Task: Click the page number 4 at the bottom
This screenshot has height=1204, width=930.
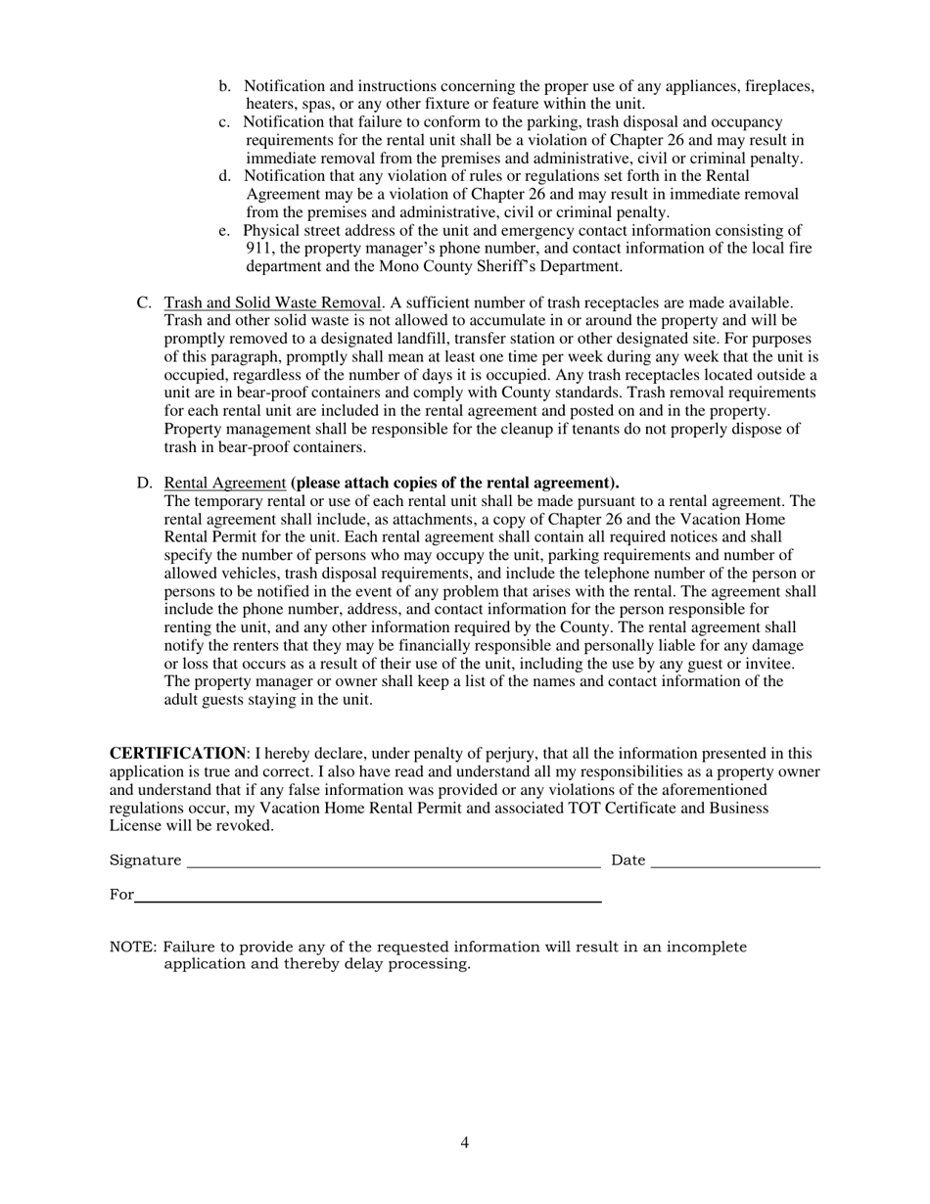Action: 464,1142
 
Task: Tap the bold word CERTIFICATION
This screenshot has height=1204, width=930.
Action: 177,753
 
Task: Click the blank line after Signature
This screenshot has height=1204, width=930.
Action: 393,861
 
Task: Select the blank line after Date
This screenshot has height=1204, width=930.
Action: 734,861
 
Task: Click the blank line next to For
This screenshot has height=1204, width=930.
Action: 367,896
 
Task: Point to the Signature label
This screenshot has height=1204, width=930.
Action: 145,860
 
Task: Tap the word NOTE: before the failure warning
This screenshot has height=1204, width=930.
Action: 133,947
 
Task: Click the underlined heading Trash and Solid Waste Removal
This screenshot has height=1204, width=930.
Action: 272,302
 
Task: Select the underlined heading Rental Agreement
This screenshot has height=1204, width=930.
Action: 225,483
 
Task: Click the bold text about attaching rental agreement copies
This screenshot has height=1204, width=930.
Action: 455,483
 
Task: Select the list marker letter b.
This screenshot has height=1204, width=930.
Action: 225,86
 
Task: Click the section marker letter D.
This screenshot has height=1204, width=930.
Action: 144,483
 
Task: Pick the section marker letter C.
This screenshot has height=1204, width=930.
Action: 143,302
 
